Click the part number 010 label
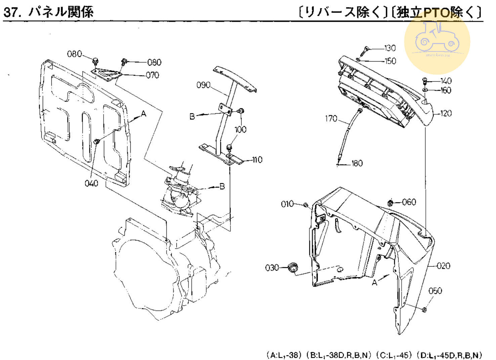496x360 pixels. [x=287, y=204]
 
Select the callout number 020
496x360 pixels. [x=443, y=266]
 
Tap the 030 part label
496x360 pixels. [x=272, y=268]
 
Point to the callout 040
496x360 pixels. [x=91, y=183]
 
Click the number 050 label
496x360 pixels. [x=435, y=291]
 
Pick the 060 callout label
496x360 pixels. [x=409, y=202]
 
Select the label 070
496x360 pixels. [x=153, y=75]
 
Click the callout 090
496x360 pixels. [x=203, y=85]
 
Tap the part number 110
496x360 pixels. [x=257, y=160]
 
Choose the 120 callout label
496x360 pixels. [x=446, y=113]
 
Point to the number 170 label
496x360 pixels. [x=331, y=118]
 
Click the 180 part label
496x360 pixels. [x=357, y=163]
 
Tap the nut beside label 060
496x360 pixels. [x=390, y=203]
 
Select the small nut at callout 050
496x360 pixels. [x=424, y=310]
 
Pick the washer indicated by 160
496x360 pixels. [x=425, y=90]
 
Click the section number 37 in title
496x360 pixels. [x=10, y=12]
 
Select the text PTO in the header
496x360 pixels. [x=436, y=13]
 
